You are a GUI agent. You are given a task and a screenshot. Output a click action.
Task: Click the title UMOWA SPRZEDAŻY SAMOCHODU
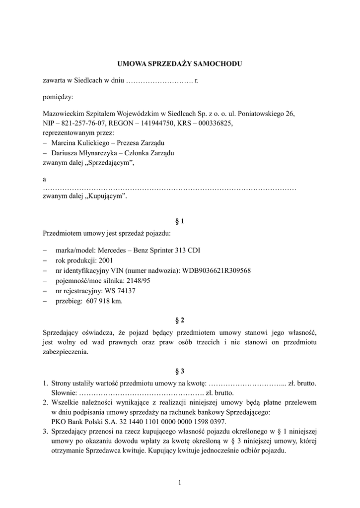(x=180, y=64)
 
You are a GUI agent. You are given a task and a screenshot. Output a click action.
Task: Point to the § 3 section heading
(x=180, y=371)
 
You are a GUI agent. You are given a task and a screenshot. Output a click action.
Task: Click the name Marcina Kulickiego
(x=79, y=143)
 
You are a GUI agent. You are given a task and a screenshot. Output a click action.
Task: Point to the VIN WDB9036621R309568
(x=216, y=270)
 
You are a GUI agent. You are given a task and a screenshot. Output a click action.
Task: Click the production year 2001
(x=106, y=260)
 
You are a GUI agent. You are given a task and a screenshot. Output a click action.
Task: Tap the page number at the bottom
(x=180, y=482)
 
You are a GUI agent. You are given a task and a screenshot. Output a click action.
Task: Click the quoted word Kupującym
(x=106, y=196)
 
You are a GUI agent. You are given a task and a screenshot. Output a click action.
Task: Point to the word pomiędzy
(x=58, y=97)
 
